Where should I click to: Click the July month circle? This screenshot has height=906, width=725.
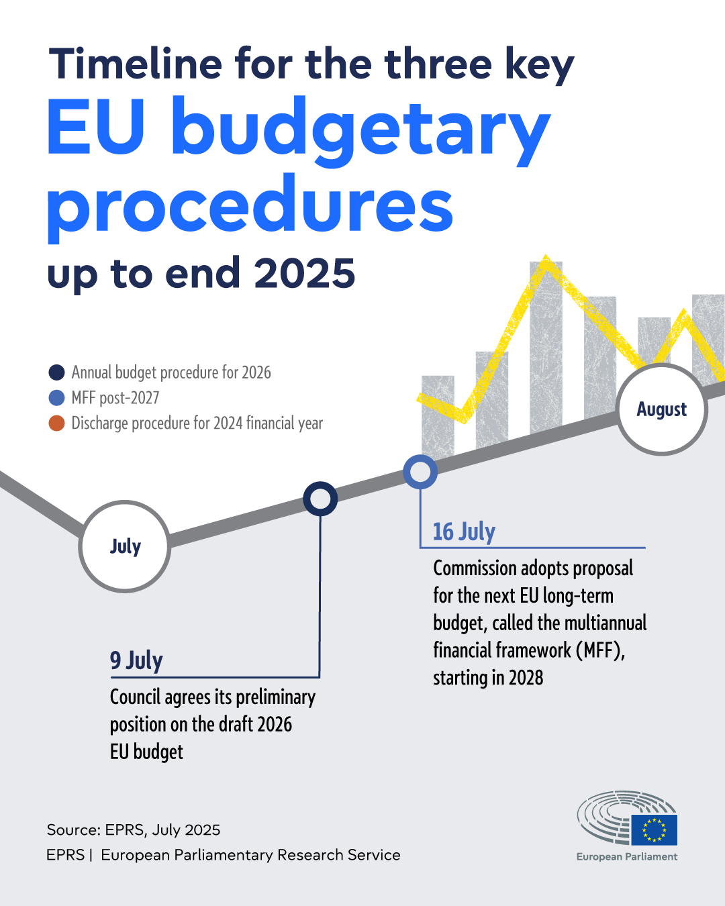125,546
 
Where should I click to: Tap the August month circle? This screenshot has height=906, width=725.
662,409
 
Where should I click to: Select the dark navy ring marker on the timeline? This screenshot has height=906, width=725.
320,499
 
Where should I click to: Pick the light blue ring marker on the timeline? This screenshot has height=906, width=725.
420,472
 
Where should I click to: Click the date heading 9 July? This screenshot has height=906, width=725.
136,660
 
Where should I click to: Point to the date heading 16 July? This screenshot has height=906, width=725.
464,532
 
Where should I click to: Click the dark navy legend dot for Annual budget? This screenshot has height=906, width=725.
57,372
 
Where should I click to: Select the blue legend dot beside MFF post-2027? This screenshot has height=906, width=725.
57,398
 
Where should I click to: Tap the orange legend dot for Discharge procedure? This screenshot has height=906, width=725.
57,423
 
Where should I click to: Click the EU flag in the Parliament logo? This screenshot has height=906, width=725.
654,829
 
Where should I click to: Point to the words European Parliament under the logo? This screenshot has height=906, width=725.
627,857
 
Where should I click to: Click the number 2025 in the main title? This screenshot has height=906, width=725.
305,274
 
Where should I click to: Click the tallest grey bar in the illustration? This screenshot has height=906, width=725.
546,349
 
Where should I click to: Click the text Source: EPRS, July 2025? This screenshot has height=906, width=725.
134,830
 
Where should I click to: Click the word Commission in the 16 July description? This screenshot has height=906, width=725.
474,568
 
